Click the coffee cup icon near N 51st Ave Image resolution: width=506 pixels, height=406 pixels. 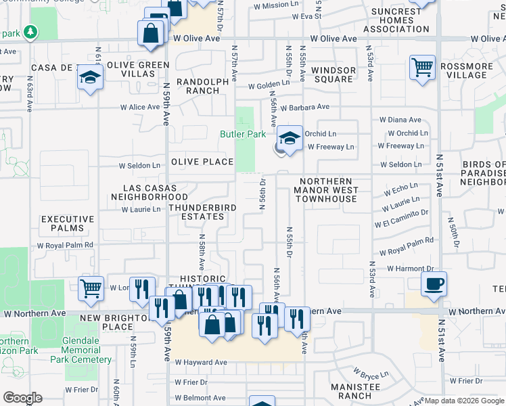point(434,284)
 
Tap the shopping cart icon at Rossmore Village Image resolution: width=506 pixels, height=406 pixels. point(422,68)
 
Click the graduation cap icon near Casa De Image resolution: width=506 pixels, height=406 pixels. point(89,78)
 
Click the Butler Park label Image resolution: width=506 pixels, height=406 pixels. point(243,134)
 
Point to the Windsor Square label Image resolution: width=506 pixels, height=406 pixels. point(333,74)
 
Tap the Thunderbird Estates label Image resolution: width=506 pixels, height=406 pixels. point(196,212)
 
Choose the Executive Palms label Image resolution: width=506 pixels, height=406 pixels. point(68,223)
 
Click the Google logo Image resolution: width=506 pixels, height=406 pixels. point(22,398)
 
